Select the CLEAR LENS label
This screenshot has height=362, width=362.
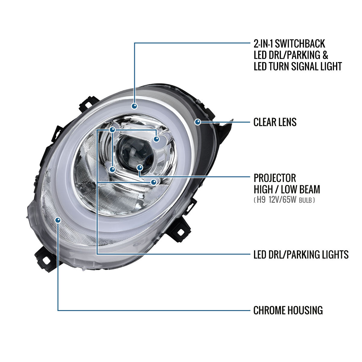(x=275, y=122)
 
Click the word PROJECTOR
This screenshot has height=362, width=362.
(x=275, y=178)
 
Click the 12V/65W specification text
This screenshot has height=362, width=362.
(x=282, y=199)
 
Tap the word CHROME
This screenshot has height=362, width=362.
(x=269, y=310)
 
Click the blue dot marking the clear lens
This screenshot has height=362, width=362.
(x=198, y=122)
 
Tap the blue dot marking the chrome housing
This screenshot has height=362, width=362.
(x=58, y=220)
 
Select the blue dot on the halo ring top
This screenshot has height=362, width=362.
(x=134, y=106)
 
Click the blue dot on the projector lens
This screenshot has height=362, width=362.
(x=140, y=167)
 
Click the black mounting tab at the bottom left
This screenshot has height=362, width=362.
(x=45, y=259)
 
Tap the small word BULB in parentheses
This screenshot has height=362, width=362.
(x=305, y=200)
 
